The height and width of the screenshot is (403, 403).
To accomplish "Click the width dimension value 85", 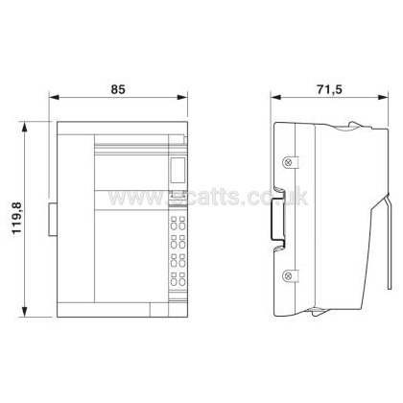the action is pyautogui.click(x=118, y=89).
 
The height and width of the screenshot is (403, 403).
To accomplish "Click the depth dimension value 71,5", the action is pyautogui.click(x=329, y=90).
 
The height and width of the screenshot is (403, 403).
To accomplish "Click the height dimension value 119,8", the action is pyautogui.click(x=16, y=218).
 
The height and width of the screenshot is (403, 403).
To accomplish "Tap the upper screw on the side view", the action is pyautogui.click(x=288, y=162).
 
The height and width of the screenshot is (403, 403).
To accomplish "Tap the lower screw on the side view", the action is pyautogui.click(x=288, y=275).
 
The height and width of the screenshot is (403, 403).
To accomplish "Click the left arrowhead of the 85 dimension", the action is pyautogui.click(x=54, y=97).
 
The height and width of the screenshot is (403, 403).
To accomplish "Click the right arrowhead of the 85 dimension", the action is pyautogui.click(x=182, y=97).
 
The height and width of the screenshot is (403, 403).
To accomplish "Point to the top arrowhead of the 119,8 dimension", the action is pyautogui.click(x=24, y=127).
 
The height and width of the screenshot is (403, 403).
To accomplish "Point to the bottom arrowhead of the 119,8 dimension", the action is pyautogui.click(x=24, y=312).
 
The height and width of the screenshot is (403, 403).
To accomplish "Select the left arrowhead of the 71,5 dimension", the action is pyautogui.click(x=275, y=97).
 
